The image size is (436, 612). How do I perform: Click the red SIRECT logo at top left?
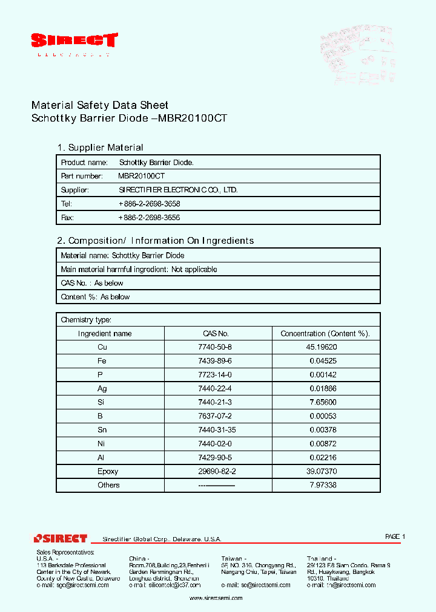coord(74,41)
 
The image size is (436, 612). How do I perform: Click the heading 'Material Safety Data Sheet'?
coord(99,105)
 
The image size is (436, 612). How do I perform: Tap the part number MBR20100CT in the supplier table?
coord(141,176)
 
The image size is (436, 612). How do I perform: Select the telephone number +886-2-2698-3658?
coord(150,204)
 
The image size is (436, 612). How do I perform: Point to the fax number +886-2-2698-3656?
coord(150,218)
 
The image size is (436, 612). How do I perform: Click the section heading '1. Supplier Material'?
coord(100,148)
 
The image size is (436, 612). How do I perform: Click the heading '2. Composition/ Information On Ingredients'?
coord(155,241)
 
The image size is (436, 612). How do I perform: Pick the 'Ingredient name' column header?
coord(105,334)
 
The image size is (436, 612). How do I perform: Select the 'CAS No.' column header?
coord(216,334)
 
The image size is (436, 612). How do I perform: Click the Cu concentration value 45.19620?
coord(322,347)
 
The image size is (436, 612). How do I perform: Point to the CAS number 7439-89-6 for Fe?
coord(215,361)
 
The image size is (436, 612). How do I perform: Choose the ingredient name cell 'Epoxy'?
coord(108,471)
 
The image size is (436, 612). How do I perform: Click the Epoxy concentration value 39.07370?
coord(322,471)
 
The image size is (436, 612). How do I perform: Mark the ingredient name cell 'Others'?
coord(108,485)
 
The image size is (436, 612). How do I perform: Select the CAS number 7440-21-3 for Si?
coord(215,402)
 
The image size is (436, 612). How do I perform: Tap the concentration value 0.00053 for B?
coord(324,416)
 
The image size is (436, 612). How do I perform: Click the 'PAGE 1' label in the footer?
coord(395,537)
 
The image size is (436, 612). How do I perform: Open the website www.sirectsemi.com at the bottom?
coord(216,598)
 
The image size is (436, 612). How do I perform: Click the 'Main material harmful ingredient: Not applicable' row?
coord(139,270)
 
